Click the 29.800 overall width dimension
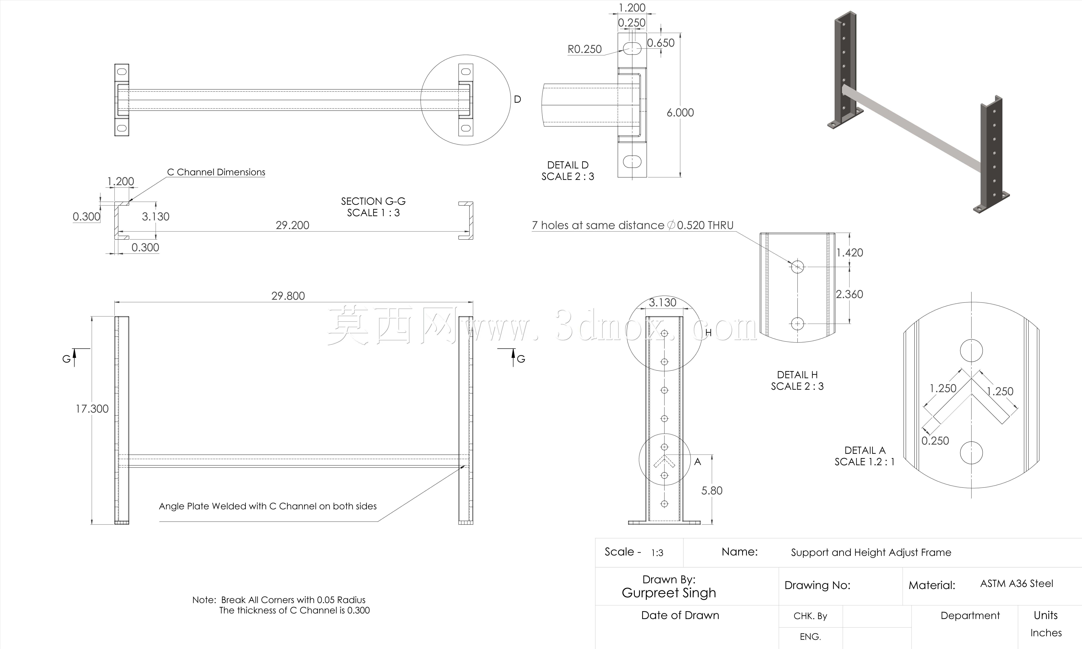coord(288,296)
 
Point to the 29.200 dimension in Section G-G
coord(293,225)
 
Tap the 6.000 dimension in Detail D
coord(680,113)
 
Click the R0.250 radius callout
coord(584,49)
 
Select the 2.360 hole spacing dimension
coord(849,294)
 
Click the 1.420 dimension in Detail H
coord(849,253)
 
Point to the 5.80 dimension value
coord(712,491)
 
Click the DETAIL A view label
coord(865,450)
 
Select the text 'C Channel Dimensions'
coord(216,172)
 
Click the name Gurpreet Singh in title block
coord(669,593)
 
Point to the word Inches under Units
coord(1046,633)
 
